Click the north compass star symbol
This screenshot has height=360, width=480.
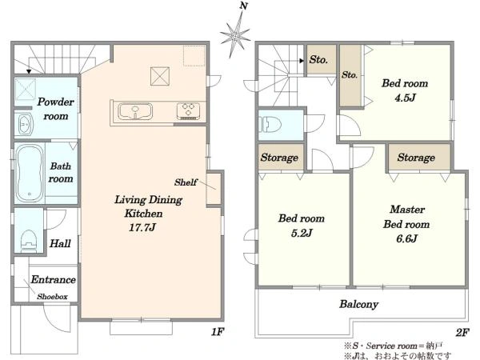coord(235,35)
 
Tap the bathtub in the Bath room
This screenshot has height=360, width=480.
coord(30,173)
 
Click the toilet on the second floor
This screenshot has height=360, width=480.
coord(270,124)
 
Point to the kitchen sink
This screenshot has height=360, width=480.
coord(135,111)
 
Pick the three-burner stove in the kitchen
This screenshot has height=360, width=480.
coord(188,110)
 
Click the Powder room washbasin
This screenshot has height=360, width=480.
coord(25,124)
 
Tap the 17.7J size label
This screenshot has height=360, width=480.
coord(142,227)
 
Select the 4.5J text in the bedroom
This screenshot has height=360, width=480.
coord(405,98)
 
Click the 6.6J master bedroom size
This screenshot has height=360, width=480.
coord(406,238)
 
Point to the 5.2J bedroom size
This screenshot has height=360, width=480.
coord(302,233)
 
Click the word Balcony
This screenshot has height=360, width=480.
coord(358,304)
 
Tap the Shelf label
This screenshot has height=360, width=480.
coord(186,182)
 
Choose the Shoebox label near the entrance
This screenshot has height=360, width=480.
coord(52,296)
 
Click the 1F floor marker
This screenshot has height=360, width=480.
coord(218,331)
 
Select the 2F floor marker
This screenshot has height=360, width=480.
coord(462,332)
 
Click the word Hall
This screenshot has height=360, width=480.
coord(60,244)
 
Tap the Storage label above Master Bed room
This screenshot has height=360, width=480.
coord(416,158)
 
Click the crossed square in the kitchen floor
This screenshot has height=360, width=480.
coord(160,76)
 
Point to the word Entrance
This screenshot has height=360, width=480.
coord(54,279)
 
